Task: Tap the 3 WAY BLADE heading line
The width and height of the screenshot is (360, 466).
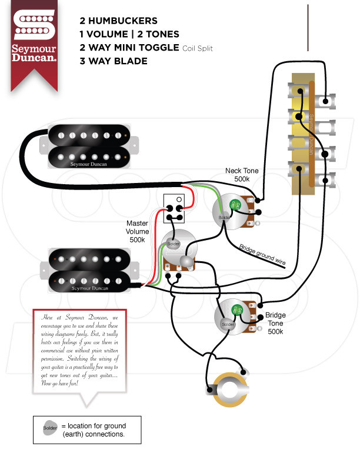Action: click(x=114, y=61)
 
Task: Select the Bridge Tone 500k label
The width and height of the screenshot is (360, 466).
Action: click(x=275, y=323)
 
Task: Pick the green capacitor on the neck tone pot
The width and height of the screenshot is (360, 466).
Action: click(x=233, y=204)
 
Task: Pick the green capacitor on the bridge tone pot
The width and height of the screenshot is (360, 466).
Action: click(x=238, y=311)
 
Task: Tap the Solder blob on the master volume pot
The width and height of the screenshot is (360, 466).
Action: click(x=173, y=244)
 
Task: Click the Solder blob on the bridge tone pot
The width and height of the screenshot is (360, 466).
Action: click(x=227, y=324)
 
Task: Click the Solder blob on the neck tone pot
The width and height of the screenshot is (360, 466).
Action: click(x=224, y=218)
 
